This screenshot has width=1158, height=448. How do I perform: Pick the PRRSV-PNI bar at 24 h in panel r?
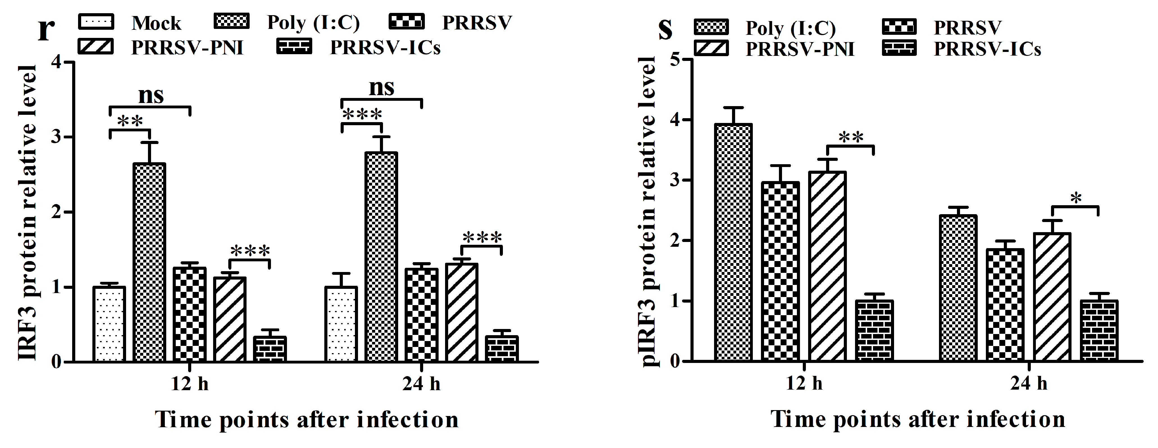(461, 312)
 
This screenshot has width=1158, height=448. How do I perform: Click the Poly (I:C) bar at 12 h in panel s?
(733, 243)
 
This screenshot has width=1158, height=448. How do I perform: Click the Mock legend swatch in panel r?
(96, 22)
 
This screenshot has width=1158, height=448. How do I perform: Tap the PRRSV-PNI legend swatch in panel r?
(96, 47)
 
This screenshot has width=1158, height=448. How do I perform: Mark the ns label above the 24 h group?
(381, 87)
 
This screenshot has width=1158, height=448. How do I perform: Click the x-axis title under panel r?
(307, 420)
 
